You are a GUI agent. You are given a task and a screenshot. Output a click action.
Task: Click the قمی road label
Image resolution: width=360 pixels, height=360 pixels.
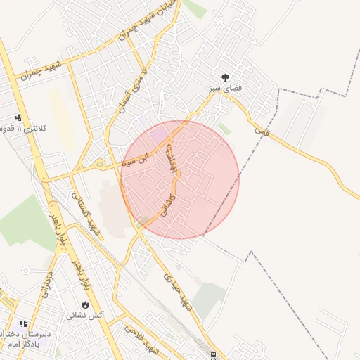pyautogui.click(x=262, y=126)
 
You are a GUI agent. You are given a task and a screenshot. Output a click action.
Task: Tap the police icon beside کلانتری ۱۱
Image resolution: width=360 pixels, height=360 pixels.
pyautogui.click(x=18, y=118)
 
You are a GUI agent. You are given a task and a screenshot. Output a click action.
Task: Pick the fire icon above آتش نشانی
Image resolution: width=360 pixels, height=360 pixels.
pyautogui.click(x=86, y=305)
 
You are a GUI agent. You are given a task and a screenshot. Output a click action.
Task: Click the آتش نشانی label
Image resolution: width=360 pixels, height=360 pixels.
pyautogui.click(x=86, y=316)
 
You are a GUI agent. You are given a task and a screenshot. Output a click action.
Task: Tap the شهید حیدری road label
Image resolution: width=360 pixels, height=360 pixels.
pyautogui.click(x=176, y=287)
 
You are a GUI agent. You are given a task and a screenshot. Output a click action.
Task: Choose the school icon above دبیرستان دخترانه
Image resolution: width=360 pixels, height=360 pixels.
pyautogui.click(x=23, y=323)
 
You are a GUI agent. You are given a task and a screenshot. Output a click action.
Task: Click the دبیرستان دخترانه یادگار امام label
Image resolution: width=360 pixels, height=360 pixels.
pyautogui.click(x=24, y=339)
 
